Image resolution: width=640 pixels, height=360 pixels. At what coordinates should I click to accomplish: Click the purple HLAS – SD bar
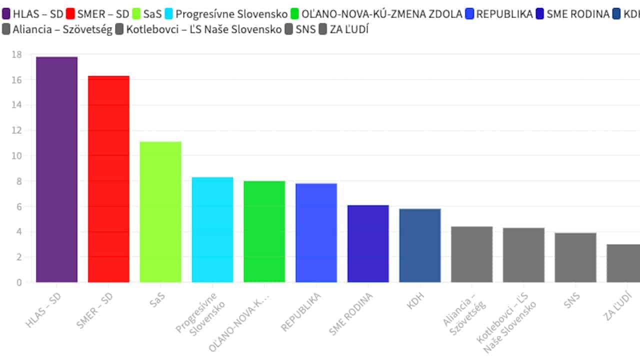pos(57,169)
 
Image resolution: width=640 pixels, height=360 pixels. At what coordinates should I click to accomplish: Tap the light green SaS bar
pos(160,212)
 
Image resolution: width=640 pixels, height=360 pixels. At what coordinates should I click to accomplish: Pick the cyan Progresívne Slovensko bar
pos(212,229)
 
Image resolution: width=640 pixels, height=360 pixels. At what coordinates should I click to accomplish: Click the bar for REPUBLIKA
pos(316,232)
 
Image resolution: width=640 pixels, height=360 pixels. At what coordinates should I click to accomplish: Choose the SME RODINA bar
pos(368,243)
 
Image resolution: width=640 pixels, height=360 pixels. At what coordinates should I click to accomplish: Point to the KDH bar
pos(420,245)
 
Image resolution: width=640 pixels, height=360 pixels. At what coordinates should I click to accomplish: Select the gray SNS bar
pos(575,257)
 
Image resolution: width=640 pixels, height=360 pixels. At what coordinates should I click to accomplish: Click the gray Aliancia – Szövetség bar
pos(471,254)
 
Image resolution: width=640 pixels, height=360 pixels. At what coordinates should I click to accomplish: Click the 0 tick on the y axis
pos(19,282)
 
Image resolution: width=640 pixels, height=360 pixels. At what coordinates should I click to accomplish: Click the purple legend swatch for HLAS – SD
pos(6,14)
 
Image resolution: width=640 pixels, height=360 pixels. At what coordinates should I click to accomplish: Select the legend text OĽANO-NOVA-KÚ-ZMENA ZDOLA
pos(382,14)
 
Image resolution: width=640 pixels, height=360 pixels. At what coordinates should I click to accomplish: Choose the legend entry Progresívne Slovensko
pos(231,14)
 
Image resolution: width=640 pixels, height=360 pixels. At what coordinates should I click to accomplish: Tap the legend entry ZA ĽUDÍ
pos(349,29)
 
